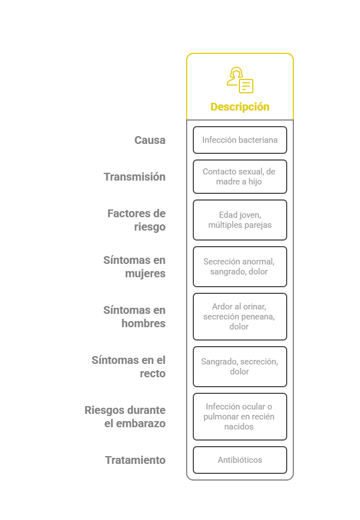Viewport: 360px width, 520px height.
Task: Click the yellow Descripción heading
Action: [239, 107]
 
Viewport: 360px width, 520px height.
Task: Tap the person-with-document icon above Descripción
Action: [240, 80]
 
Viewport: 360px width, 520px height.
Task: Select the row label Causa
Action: [150, 140]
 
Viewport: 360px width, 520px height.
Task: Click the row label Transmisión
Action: [134, 177]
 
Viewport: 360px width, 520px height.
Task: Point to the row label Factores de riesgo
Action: [137, 220]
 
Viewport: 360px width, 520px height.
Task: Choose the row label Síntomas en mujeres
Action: [134, 267]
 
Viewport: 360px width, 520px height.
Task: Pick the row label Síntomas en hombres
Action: [134, 317]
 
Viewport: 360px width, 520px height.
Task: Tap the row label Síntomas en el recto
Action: [129, 367]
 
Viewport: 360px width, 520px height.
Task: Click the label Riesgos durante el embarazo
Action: [126, 417]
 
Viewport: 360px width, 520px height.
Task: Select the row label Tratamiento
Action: [136, 460]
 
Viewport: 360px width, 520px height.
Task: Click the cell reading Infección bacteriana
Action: [240, 140]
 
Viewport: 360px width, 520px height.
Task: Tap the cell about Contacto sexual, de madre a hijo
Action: [240, 177]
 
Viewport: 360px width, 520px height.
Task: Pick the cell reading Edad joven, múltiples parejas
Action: [240, 220]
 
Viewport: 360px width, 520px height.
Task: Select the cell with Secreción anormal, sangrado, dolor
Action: [240, 267]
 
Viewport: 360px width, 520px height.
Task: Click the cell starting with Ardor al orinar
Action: [240, 317]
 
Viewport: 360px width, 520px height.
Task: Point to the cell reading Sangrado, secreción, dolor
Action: [240, 367]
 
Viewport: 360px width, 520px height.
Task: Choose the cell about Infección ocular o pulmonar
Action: [240, 417]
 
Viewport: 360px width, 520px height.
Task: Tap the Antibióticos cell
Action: [240, 460]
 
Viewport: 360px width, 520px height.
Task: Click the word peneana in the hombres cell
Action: [259, 317]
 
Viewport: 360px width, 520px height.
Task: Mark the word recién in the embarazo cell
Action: [263, 417]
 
